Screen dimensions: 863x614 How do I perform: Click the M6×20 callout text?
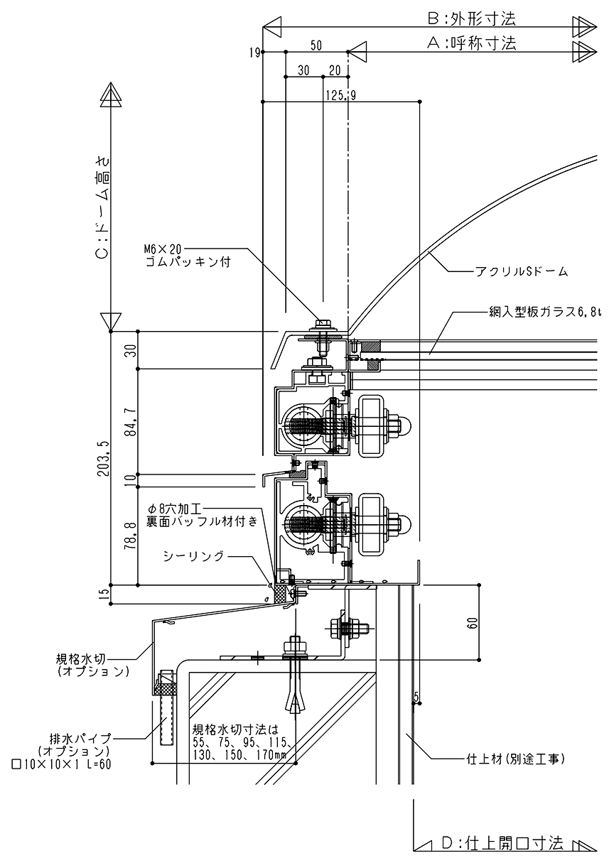pyautogui.click(x=163, y=249)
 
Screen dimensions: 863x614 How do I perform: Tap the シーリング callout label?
pyautogui.click(x=193, y=555)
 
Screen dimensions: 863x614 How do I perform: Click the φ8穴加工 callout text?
pyautogui.click(x=176, y=509)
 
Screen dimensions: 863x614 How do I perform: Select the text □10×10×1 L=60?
pyautogui.click(x=62, y=764)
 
